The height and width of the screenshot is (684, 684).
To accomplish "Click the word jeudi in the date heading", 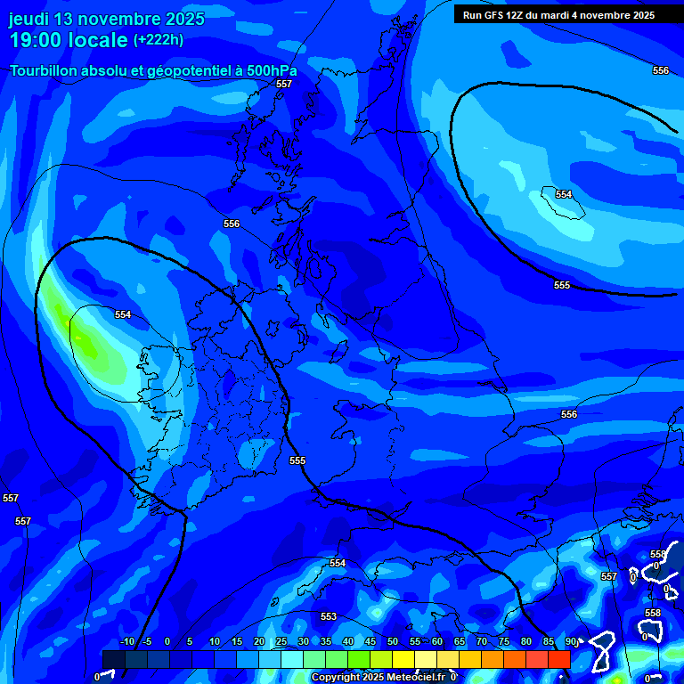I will (x=30, y=19).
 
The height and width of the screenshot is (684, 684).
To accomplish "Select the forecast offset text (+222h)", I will (x=159, y=40).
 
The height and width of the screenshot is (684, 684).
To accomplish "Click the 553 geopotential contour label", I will (x=329, y=616).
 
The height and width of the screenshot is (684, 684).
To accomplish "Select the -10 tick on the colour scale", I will (x=126, y=641).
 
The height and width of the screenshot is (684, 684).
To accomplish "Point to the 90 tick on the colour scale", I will (x=570, y=641).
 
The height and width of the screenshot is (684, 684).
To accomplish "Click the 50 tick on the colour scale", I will (x=393, y=641).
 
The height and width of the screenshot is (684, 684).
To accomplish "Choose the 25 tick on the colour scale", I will (x=281, y=641).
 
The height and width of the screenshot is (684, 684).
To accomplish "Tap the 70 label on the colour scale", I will (x=482, y=641).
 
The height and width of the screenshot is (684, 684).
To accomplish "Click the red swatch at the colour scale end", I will (x=559, y=659).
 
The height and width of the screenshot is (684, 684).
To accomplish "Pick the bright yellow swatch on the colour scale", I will (x=403, y=659).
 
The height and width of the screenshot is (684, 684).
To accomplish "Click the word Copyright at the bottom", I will (x=337, y=678).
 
